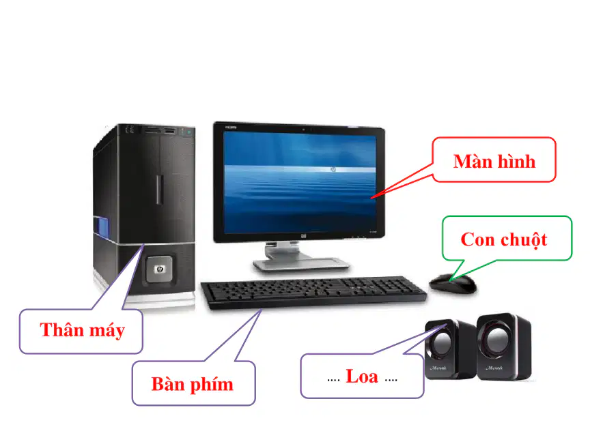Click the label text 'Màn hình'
494,161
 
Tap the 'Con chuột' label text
504,240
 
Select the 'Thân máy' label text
82,330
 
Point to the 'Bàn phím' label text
193,385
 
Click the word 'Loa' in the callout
362,377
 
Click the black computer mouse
453,283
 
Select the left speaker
449,349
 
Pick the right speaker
504,347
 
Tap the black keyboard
313,292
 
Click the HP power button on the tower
159,269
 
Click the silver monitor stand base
301,263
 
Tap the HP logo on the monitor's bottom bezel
304,236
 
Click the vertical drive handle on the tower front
160,190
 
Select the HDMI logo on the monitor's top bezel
231,128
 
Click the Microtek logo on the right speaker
494,368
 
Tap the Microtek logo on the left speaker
438,368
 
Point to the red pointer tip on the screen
371,197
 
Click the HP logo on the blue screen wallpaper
333,170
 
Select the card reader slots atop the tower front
160,130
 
